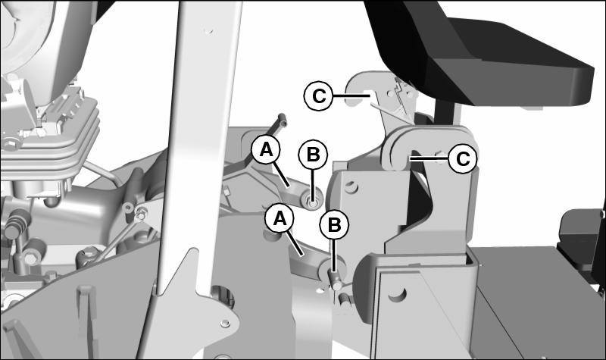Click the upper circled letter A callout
point(267,149)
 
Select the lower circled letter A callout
point(280,219)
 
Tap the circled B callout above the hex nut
point(313,155)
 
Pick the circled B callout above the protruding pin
point(334,224)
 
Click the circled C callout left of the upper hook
point(318,96)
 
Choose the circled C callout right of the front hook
point(463,158)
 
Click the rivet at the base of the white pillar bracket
point(223,323)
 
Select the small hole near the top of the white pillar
point(209,31)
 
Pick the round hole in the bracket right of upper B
point(351,187)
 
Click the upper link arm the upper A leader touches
point(294,189)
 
